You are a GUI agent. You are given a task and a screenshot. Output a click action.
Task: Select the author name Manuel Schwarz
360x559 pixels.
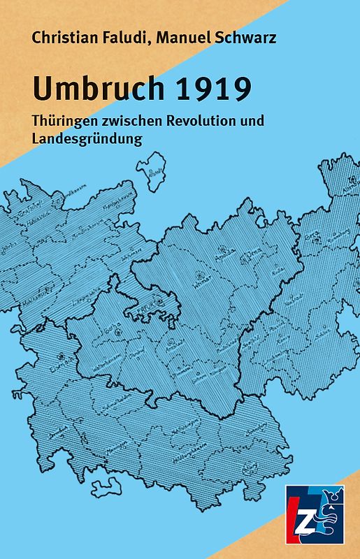(x=216, y=38)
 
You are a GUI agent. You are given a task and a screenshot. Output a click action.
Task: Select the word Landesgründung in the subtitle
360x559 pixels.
(x=87, y=138)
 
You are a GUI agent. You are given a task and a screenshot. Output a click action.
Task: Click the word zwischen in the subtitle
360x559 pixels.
(x=137, y=120)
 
